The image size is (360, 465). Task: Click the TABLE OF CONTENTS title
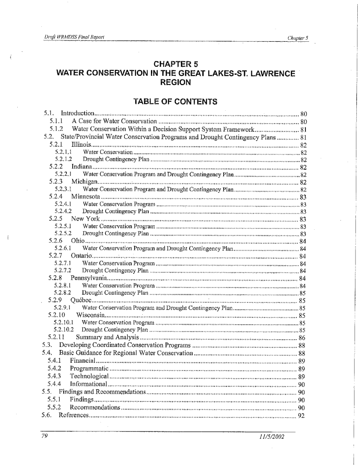(x=175, y=100)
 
